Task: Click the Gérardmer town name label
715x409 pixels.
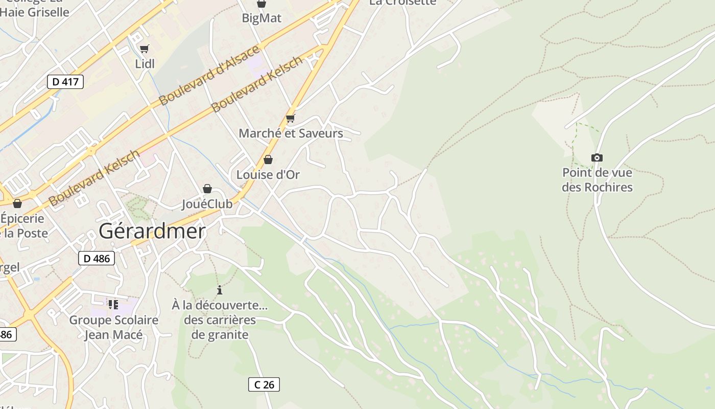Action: [x=152, y=232]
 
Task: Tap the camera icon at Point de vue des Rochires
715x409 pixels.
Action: [x=597, y=157]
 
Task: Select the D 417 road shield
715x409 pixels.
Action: [x=65, y=81]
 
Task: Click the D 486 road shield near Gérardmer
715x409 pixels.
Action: [x=96, y=258]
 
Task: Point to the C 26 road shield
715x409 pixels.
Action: [x=264, y=384]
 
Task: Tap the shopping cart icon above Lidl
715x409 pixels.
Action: [x=145, y=49]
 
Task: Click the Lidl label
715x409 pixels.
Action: [x=145, y=64]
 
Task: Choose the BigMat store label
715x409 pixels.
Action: [x=261, y=18]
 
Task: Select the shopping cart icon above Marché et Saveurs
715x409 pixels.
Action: [x=291, y=119]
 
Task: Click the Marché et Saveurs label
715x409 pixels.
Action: [x=291, y=133]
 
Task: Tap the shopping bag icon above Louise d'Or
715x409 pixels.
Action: [x=268, y=160]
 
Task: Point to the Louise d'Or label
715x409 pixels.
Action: [x=268, y=174]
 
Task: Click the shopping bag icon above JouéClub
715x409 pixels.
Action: [x=207, y=189]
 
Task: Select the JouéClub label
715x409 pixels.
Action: [x=207, y=204]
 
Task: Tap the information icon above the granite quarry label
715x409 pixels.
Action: [x=220, y=290]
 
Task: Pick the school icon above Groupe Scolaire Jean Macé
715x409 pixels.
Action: [x=113, y=305]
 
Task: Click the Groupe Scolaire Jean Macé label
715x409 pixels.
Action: [x=114, y=328]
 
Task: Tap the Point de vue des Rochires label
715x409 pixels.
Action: [x=597, y=180]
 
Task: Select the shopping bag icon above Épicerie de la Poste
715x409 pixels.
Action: [x=17, y=203]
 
